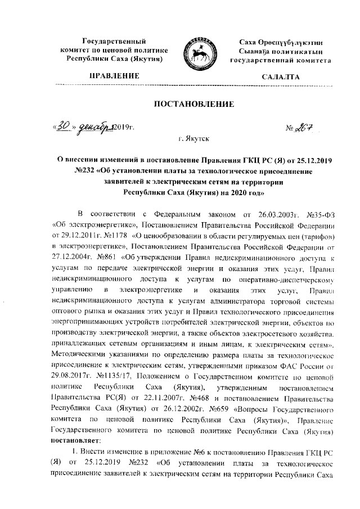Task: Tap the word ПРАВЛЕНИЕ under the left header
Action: coord(111,75)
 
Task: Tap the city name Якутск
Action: coord(192,138)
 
